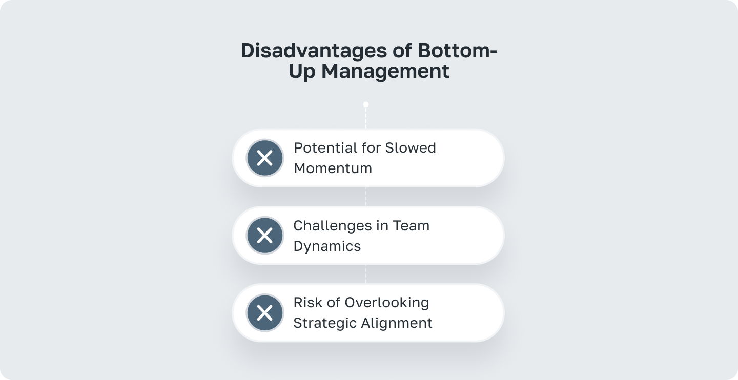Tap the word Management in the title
point(385,71)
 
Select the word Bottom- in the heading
point(457,51)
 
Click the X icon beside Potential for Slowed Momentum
point(264,158)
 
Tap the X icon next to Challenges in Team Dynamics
point(264,236)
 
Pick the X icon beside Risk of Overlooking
point(264,313)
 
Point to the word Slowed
point(411,148)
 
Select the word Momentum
point(333,168)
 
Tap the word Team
point(411,226)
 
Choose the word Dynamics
point(327,246)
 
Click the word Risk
point(306,303)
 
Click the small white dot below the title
point(366,104)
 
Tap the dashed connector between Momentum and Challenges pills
point(366,197)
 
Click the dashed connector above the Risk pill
point(366,274)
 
